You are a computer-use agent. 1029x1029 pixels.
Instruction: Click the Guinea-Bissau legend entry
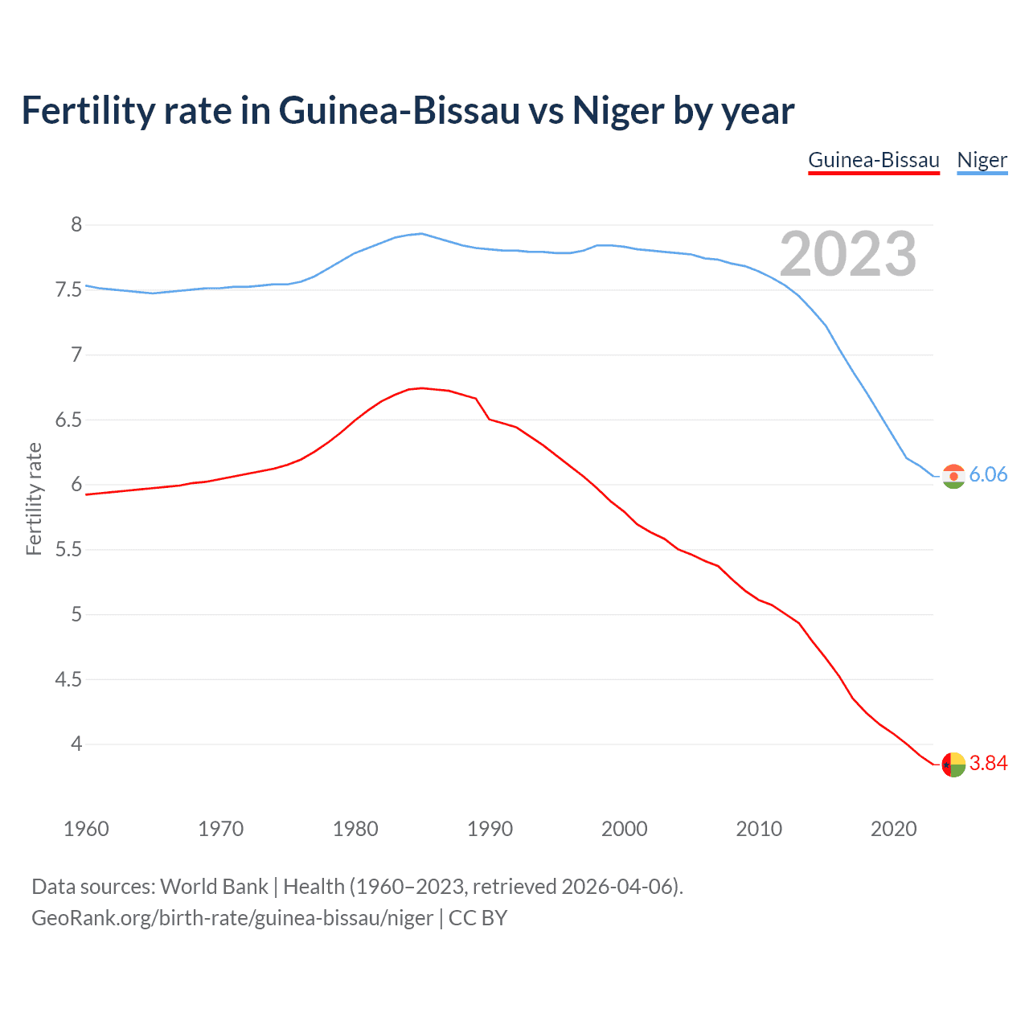[873, 160]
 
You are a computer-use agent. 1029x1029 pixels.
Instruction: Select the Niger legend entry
[982, 160]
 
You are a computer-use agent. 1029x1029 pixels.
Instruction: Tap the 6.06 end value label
[988, 474]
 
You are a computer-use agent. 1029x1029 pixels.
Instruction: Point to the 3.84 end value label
[988, 763]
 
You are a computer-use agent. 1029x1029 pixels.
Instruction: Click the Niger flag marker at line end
[953, 476]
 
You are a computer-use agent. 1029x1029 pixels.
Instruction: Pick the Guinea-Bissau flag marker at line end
[953, 765]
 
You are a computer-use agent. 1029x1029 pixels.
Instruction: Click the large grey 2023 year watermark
[848, 254]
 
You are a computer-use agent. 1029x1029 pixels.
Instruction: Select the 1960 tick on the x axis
[86, 829]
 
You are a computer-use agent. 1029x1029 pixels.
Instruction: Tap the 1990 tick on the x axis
[490, 829]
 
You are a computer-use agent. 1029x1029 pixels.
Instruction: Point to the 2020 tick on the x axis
[893, 829]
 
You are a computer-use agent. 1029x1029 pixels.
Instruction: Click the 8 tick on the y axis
[76, 225]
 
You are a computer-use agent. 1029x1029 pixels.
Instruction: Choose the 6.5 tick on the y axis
[68, 420]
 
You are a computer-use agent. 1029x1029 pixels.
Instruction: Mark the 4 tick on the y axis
[76, 744]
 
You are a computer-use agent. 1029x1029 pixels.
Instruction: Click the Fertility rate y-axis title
[34, 498]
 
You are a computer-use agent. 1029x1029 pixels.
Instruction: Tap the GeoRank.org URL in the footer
[232, 918]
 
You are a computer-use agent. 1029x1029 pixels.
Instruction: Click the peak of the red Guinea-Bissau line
[422, 388]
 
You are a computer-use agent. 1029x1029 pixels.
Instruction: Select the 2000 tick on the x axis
[624, 829]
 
